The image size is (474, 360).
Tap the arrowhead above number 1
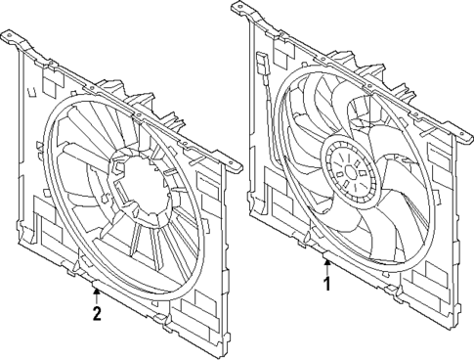327,263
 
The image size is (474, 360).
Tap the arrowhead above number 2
96,292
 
